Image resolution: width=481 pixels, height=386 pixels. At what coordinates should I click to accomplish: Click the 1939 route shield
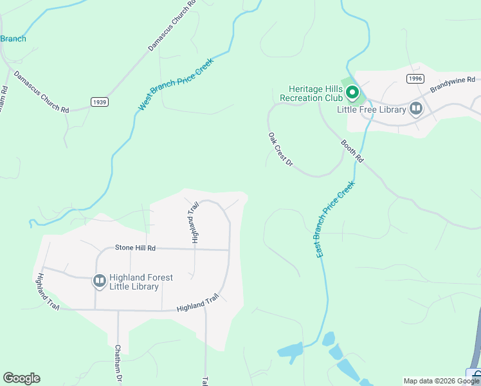(x=99, y=102)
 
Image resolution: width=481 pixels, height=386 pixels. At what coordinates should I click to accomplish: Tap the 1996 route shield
(x=415, y=78)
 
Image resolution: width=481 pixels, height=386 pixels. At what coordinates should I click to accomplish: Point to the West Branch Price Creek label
(x=175, y=84)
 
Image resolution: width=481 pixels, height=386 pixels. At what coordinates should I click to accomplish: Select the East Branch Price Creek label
(x=336, y=220)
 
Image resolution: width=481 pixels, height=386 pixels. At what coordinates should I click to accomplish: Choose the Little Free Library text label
(x=372, y=109)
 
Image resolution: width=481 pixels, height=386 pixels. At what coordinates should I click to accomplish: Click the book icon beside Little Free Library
(x=416, y=109)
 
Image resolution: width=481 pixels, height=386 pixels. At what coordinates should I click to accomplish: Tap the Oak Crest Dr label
(x=280, y=150)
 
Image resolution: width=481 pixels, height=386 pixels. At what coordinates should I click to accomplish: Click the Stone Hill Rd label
(x=136, y=248)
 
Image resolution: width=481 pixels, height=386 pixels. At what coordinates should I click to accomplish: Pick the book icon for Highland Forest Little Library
(x=100, y=281)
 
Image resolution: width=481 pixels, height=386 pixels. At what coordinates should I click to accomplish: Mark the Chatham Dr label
(x=118, y=359)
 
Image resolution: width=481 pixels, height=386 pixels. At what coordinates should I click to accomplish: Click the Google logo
(x=21, y=378)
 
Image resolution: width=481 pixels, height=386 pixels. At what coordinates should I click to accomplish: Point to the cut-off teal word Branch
(x=13, y=39)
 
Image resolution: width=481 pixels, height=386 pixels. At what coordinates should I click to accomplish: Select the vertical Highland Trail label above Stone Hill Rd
(x=194, y=221)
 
